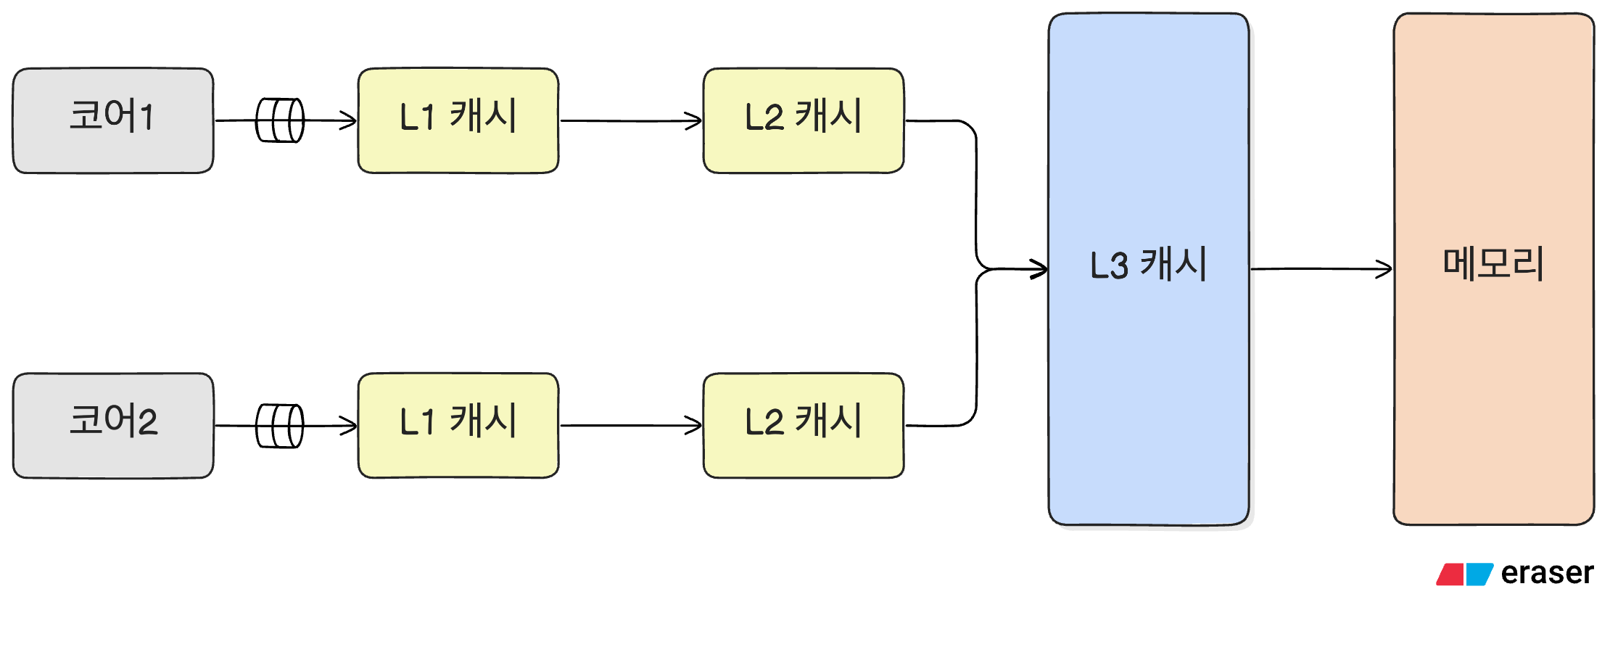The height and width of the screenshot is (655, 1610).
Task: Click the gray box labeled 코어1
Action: pyautogui.click(x=113, y=120)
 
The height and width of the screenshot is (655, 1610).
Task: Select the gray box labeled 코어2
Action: pyautogui.click(x=113, y=426)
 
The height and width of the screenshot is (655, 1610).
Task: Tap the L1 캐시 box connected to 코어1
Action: pyautogui.click(x=458, y=120)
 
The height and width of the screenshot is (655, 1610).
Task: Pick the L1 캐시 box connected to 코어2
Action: pyautogui.click(x=458, y=426)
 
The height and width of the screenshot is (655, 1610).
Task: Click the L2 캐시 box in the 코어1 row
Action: pyautogui.click(x=804, y=120)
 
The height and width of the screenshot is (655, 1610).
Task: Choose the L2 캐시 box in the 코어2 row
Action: pyautogui.click(x=804, y=426)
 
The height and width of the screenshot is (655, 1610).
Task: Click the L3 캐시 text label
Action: pyautogui.click(x=1148, y=264)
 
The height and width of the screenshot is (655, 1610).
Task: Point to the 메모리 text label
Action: pyautogui.click(x=1493, y=263)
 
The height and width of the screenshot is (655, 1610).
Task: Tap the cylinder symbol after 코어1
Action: pyautogui.click(x=280, y=120)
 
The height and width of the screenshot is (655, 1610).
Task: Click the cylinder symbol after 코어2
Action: pyautogui.click(x=280, y=426)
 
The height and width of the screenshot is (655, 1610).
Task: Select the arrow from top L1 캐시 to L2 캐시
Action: pyautogui.click(x=631, y=121)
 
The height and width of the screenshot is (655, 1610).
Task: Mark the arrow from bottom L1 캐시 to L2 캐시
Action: pyautogui.click(x=631, y=426)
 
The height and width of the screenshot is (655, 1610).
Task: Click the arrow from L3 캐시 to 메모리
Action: pyautogui.click(x=1320, y=269)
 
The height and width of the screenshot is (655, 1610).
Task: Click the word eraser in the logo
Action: pyautogui.click(x=1547, y=573)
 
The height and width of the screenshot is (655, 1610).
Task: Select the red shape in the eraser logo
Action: pyautogui.click(x=1450, y=574)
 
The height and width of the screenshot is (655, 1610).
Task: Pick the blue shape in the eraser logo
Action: pyautogui.click(x=1479, y=574)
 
